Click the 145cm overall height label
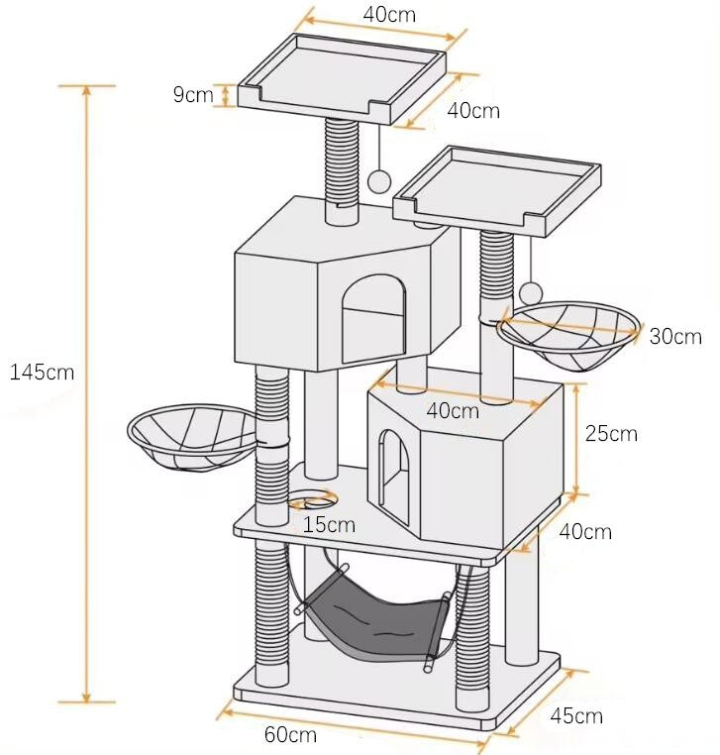(41, 373)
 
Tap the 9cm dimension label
(192, 95)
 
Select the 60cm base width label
(290, 734)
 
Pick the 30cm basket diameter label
(675, 337)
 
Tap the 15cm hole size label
(329, 524)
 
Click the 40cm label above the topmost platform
(388, 15)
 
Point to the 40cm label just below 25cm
(585, 532)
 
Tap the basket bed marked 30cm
(567, 336)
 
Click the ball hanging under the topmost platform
(379, 180)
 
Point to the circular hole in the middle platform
(314, 498)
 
